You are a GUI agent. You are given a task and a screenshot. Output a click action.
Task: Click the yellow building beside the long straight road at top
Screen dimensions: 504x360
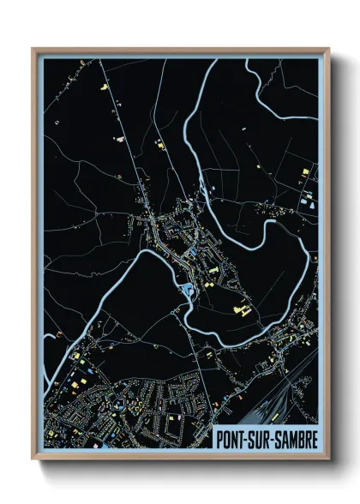pyautogui.click(x=107, y=87)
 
